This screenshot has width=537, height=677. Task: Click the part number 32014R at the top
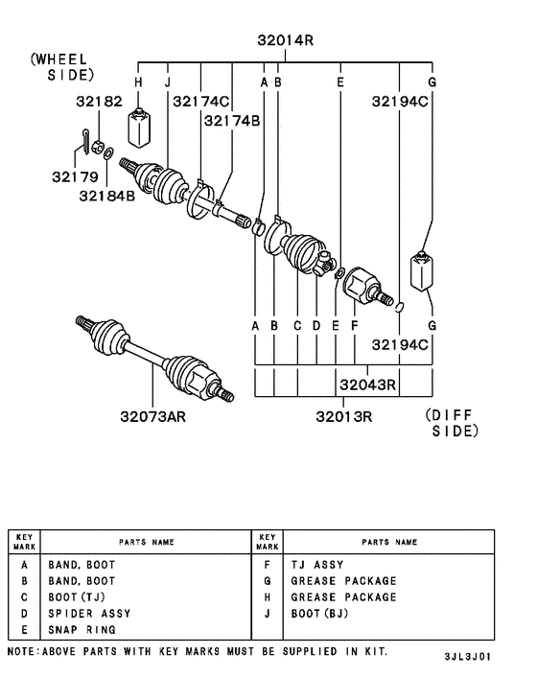click(x=285, y=40)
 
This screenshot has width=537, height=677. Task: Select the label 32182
click(x=100, y=99)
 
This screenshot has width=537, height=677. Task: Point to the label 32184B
click(x=106, y=198)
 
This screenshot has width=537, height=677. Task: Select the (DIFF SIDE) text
click(x=450, y=424)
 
